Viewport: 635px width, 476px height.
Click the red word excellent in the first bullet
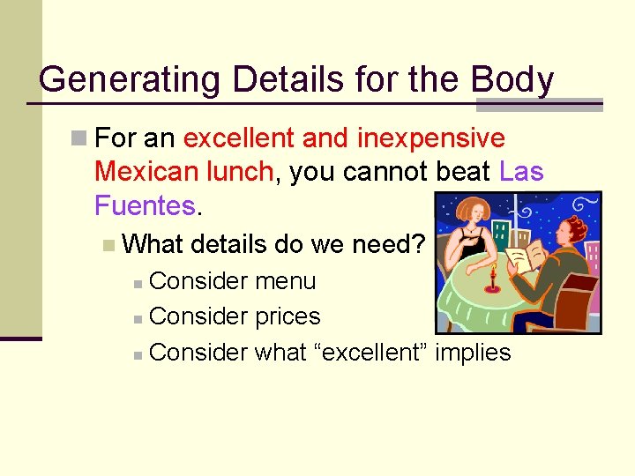(x=239, y=138)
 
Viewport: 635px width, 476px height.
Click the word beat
(x=463, y=171)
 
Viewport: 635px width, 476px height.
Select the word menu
(x=285, y=281)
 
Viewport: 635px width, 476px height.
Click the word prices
(x=288, y=316)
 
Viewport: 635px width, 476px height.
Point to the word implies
(x=474, y=353)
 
